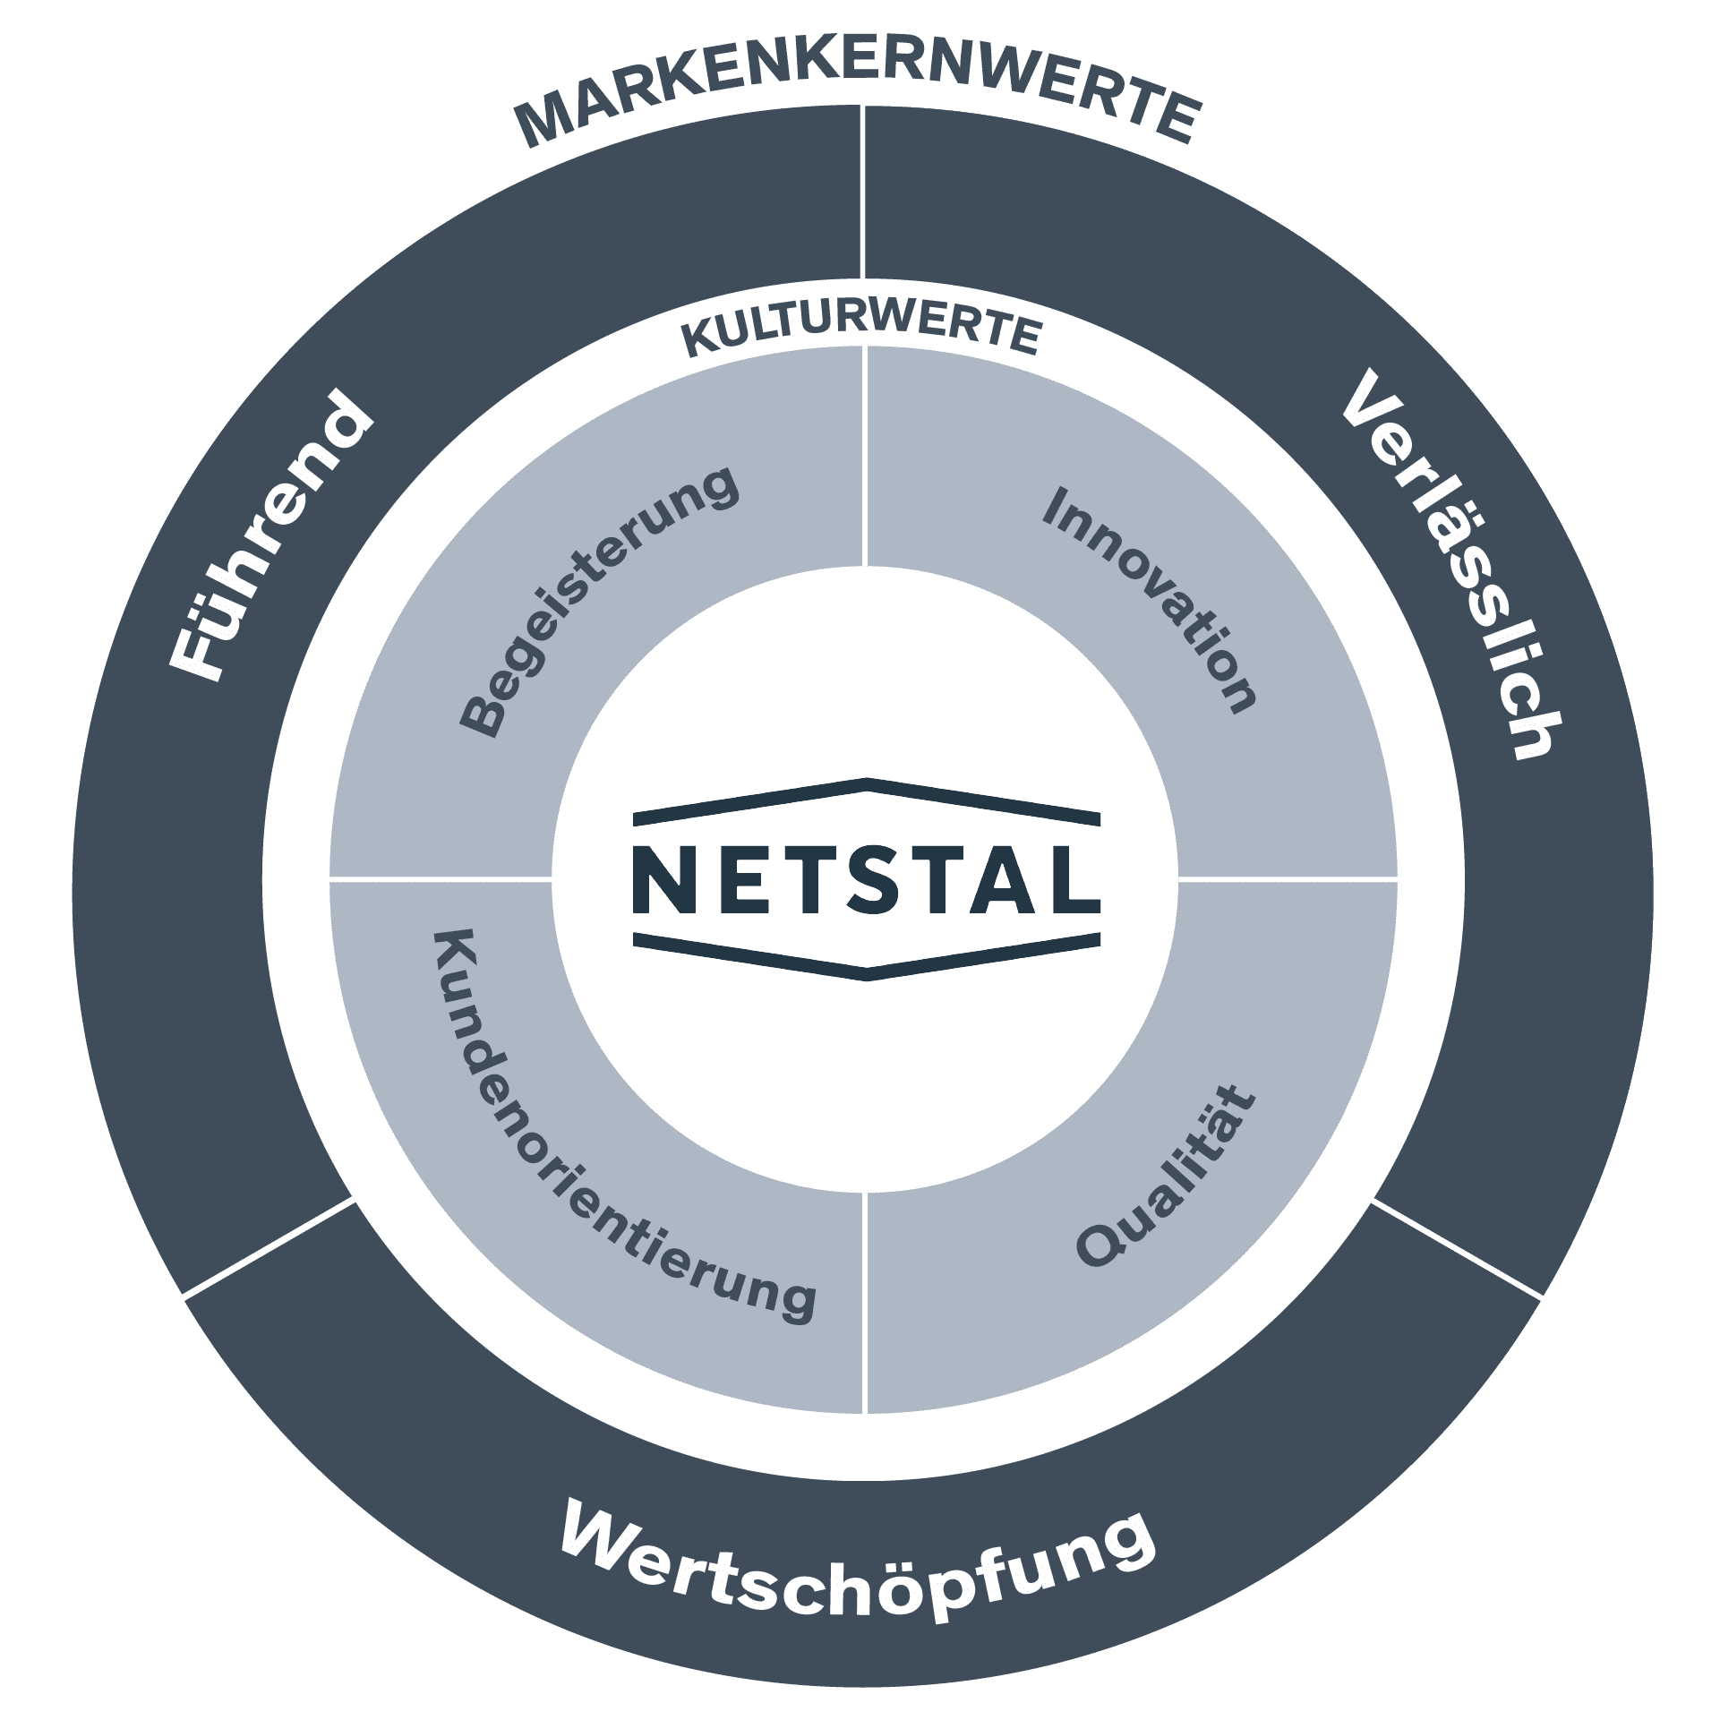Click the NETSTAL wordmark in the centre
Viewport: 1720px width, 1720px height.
[x=866, y=879]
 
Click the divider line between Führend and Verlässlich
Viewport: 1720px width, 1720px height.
[x=863, y=193]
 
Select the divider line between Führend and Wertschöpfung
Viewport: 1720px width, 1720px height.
[x=269, y=1247]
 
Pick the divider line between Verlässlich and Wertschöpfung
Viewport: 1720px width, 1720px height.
[x=1458, y=1247]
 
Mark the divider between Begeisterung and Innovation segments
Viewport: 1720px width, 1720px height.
[x=865, y=457]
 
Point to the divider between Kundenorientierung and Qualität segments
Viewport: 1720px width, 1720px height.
[x=865, y=1303]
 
